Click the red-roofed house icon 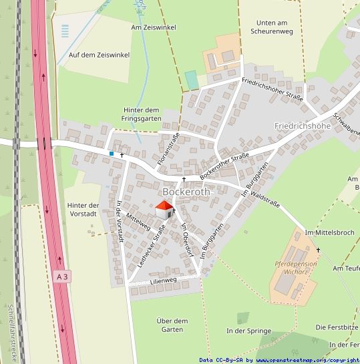163,210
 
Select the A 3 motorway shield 63,276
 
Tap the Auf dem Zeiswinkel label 99,55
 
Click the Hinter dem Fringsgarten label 142,114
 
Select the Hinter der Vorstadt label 83,209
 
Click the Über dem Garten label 172,325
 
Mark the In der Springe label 248,331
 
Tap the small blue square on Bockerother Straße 112,154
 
